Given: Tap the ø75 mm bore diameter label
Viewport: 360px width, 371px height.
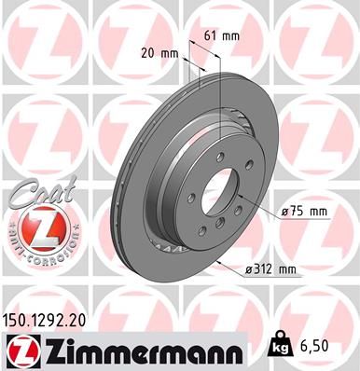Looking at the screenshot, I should (x=304, y=213).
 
